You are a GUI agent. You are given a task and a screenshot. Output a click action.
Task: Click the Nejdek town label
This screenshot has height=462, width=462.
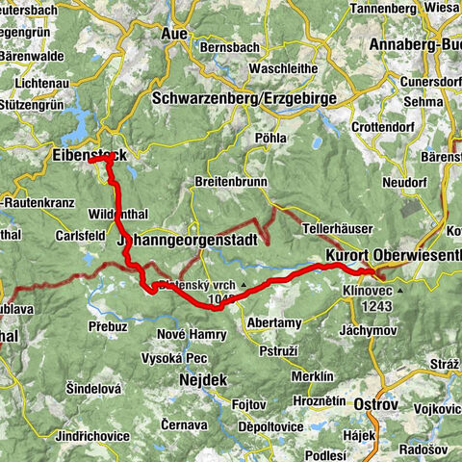click(x=201, y=380)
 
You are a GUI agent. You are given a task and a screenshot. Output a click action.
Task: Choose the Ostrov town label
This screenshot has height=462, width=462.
click(x=376, y=403)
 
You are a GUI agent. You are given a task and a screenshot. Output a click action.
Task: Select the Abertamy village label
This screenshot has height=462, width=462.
click(x=274, y=322)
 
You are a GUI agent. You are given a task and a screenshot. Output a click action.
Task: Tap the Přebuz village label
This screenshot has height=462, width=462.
click(x=108, y=325)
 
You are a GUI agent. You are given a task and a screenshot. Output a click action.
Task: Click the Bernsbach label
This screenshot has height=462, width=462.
click(x=231, y=46)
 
